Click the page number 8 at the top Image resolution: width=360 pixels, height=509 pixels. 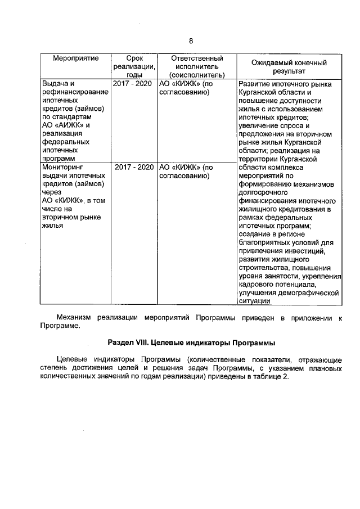tap(191, 41)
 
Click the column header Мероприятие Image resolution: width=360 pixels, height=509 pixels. tap(76, 58)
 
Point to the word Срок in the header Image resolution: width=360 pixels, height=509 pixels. tap(133, 58)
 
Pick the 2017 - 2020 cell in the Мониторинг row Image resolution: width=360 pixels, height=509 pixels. tap(134, 167)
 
